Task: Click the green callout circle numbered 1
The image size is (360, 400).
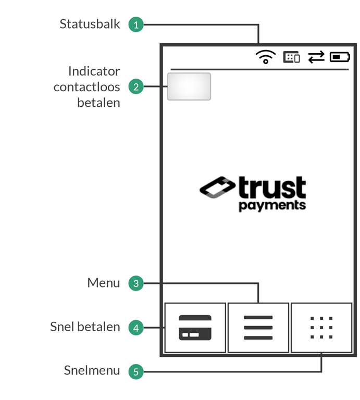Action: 136,24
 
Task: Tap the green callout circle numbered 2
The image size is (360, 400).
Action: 136,86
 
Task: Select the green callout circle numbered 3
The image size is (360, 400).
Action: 136,283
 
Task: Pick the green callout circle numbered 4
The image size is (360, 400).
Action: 136,328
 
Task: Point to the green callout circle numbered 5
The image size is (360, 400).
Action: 136,371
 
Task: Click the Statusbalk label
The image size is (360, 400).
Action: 90,24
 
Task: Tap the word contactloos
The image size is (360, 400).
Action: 87,86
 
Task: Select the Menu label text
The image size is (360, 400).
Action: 103,283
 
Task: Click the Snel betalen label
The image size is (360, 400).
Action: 85,327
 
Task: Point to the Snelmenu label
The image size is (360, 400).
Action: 92,371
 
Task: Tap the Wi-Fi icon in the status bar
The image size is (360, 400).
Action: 266,56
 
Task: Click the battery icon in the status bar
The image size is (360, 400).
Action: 340,57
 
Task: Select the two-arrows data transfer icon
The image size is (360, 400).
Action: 316,57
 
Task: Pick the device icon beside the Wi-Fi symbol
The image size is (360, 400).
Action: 292,57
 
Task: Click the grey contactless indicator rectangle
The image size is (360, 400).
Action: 189,86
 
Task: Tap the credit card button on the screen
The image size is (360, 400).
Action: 195,328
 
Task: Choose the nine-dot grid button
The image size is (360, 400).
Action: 321,328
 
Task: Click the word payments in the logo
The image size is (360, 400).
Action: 272,205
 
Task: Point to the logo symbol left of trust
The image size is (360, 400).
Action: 217,187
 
